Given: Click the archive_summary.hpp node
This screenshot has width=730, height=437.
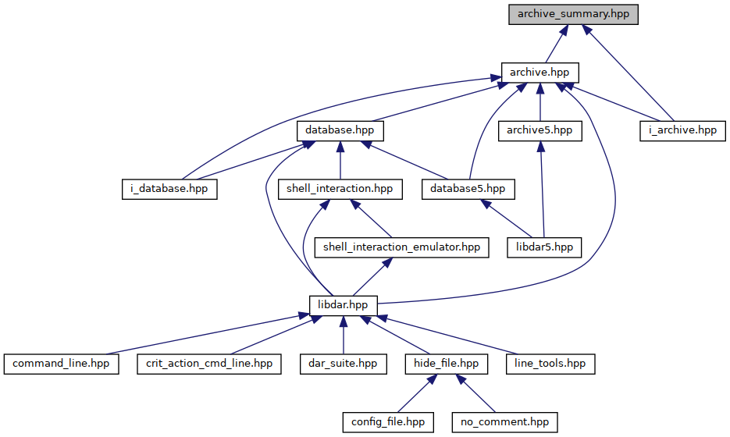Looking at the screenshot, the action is pyautogui.click(x=573, y=14).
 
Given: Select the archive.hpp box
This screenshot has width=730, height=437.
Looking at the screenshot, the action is pyautogui.click(x=540, y=73).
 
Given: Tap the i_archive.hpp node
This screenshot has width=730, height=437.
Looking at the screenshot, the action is pyautogui.click(x=682, y=131).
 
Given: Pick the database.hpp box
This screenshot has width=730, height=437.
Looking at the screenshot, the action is pyautogui.click(x=340, y=131).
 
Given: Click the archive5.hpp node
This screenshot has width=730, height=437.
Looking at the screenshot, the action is pyautogui.click(x=540, y=131).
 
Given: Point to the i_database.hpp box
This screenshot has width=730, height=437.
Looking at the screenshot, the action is pyautogui.click(x=169, y=189).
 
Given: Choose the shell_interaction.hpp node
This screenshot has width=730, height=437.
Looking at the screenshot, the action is pyautogui.click(x=340, y=189).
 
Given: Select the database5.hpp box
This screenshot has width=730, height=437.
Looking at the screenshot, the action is pyautogui.click(x=468, y=189).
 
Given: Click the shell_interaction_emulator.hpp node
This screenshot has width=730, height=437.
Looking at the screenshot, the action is pyautogui.click(x=402, y=247).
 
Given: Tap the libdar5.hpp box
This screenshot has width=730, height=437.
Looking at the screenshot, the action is pyautogui.click(x=545, y=247).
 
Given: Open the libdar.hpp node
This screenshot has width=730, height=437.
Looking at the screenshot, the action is pyautogui.click(x=343, y=305).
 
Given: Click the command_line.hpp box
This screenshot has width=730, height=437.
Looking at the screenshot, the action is pyautogui.click(x=62, y=364).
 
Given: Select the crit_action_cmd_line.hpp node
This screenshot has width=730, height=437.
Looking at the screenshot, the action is pyautogui.click(x=209, y=364).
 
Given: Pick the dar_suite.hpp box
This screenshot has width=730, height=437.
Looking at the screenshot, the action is pyautogui.click(x=343, y=364).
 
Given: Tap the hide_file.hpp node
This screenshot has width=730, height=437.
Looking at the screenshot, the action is pyautogui.click(x=447, y=364).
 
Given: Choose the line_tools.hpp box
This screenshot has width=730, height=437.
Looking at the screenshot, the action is pyautogui.click(x=550, y=364).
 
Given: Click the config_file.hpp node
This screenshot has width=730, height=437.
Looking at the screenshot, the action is pyautogui.click(x=388, y=422).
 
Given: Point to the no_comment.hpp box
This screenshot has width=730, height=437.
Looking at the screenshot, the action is pyautogui.click(x=505, y=422).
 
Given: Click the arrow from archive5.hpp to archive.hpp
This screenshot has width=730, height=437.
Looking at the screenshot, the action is pyautogui.click(x=540, y=102).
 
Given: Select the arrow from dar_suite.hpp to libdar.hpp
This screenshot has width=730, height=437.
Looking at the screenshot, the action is pyautogui.click(x=343, y=335).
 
